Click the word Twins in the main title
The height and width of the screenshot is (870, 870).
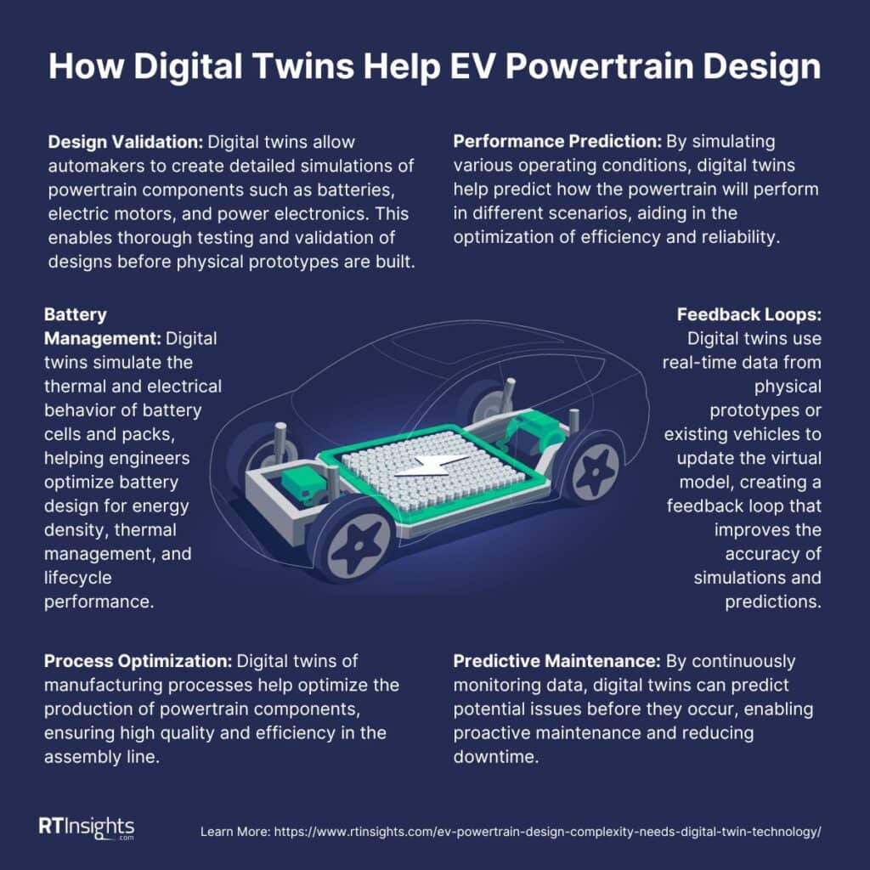(303, 66)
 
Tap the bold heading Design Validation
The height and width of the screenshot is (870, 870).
(126, 142)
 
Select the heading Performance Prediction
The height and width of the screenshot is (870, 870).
(557, 142)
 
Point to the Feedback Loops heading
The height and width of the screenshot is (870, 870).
(749, 314)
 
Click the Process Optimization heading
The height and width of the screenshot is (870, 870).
(138, 661)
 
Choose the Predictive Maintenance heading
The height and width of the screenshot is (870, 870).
(556, 661)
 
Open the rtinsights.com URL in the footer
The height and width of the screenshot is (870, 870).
(548, 832)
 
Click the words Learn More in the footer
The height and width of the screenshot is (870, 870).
(234, 832)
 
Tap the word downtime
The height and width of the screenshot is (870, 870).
(496, 757)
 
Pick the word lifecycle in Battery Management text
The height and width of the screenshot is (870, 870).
(77, 578)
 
